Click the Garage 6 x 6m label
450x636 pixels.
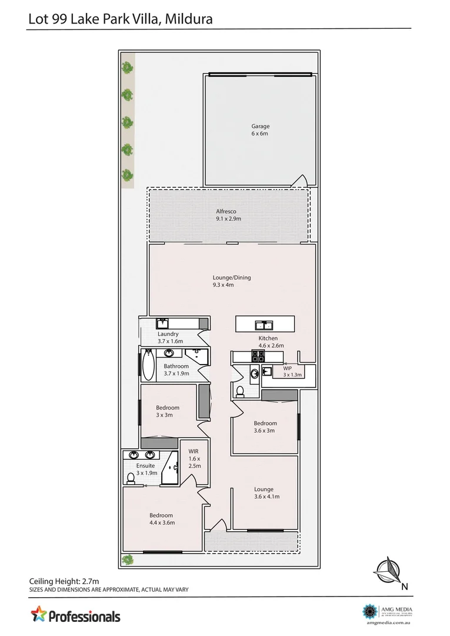tap(260, 130)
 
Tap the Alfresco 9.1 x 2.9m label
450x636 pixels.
tap(228, 215)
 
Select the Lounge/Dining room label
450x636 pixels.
tap(231, 281)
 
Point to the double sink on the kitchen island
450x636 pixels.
tap(263, 325)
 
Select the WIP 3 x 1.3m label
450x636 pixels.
tap(292, 371)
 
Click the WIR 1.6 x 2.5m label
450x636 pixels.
tap(194, 458)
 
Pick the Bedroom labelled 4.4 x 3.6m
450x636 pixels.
tap(161, 519)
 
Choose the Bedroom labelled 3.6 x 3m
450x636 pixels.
tap(265, 427)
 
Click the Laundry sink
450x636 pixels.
tap(162, 323)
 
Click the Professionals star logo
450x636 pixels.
tap(39, 614)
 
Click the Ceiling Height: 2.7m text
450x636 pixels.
tap(65, 580)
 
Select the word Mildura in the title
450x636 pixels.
tap(189, 19)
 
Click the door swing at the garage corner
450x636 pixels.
tap(301, 180)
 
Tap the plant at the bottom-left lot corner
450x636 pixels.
tap(127, 559)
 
